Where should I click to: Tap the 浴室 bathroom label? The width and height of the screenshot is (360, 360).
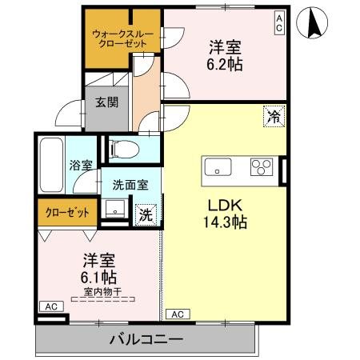click(x=80, y=166)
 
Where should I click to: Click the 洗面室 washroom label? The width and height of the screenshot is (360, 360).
click(x=130, y=183)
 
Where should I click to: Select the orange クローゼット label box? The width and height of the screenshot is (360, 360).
click(x=67, y=213)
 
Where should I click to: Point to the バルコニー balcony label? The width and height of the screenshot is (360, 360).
click(x=146, y=340)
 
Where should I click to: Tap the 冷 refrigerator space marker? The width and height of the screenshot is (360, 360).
click(x=274, y=118)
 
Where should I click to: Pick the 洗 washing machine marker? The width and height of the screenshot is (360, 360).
click(x=146, y=214)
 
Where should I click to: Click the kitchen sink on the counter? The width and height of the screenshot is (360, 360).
click(x=218, y=167)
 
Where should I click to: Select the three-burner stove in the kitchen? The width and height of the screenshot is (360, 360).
click(x=261, y=167)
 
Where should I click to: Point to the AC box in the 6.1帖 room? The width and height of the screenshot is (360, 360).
click(x=50, y=306)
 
